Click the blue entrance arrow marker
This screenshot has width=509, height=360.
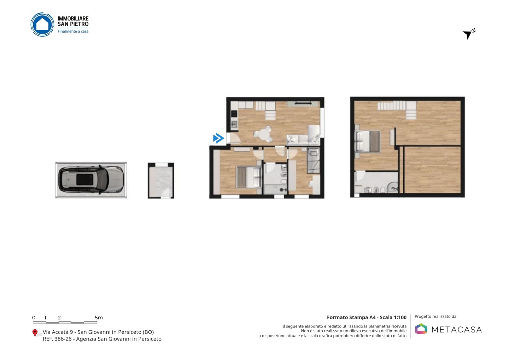[x=218, y=138]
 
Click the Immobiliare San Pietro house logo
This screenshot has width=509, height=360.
[x=42, y=24]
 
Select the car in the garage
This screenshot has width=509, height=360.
[x=91, y=180]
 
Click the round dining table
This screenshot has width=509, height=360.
[x=264, y=134]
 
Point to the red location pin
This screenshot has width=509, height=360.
[x=35, y=333]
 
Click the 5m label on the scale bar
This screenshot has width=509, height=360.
[x=99, y=318]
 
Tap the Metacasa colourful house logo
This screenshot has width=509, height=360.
[x=421, y=329]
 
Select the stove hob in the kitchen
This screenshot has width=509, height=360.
[x=234, y=114]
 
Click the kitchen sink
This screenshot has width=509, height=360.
[x=234, y=124]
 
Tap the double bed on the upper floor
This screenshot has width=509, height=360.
[x=368, y=141]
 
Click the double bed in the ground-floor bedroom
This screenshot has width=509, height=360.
[x=248, y=177]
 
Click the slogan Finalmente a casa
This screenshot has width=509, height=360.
[x=73, y=31]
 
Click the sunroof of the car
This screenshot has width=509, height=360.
[x=84, y=180]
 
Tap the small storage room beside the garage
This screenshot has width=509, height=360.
[x=161, y=180]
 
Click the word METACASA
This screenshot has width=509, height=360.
[x=457, y=330]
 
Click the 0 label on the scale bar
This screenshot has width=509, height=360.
[x=34, y=318]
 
